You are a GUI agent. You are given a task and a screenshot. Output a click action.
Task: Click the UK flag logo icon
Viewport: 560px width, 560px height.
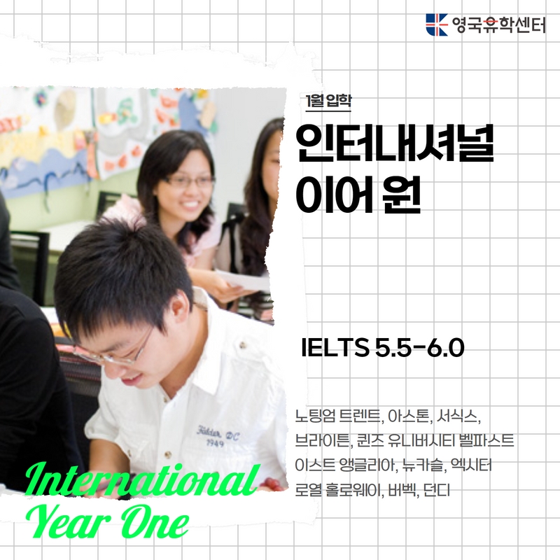click(436, 24)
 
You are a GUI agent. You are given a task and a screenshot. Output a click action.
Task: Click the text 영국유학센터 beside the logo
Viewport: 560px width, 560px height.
click(498, 25)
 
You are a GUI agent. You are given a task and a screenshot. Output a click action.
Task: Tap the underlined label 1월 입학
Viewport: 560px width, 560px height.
click(328, 101)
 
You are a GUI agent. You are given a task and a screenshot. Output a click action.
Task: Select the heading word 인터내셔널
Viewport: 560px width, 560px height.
click(395, 143)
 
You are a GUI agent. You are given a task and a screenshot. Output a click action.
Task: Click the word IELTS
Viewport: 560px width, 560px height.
click(335, 348)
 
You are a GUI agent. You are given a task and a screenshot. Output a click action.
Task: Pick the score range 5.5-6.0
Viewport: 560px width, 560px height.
click(419, 348)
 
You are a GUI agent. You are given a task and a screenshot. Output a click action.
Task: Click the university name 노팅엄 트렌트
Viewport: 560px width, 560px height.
click(337, 416)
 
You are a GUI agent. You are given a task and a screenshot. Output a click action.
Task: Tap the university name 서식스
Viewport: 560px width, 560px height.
click(458, 416)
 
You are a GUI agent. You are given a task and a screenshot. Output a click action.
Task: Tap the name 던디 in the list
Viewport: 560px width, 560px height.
click(436, 489)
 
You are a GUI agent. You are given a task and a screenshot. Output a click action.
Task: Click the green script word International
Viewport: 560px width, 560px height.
click(142, 479)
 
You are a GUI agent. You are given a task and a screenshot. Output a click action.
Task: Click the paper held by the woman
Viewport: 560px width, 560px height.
click(243, 279)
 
